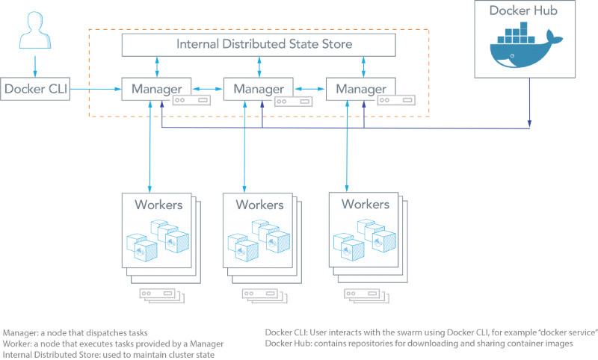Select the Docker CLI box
point(35,89)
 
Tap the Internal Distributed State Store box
point(259,44)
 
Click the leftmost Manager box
point(156,89)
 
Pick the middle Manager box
point(259,89)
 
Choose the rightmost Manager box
point(361,89)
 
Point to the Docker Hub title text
point(523,11)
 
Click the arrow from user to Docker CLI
point(34,64)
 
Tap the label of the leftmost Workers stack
point(158,203)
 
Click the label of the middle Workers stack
point(259,204)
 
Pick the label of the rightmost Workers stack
point(365,203)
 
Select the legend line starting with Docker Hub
point(419,344)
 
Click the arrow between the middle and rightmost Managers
point(309,89)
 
